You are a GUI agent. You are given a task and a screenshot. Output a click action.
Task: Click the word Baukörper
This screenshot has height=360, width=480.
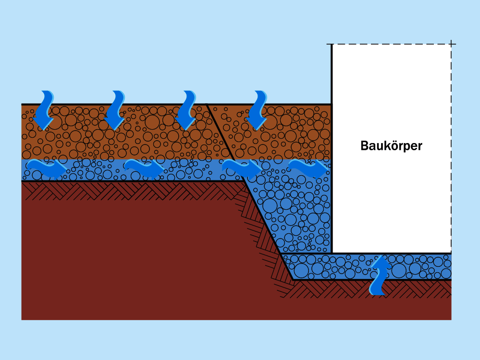[391, 146]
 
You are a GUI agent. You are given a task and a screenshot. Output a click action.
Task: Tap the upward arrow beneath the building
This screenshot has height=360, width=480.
[380, 276]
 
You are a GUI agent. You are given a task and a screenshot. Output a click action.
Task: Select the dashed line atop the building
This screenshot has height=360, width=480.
[392, 44]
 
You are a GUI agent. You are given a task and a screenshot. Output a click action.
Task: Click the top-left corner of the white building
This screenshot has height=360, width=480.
[332, 45]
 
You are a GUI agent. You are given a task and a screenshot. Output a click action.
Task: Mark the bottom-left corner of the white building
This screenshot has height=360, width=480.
[332, 252]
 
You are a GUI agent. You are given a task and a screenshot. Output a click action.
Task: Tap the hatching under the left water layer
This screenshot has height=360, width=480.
[120, 190]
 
